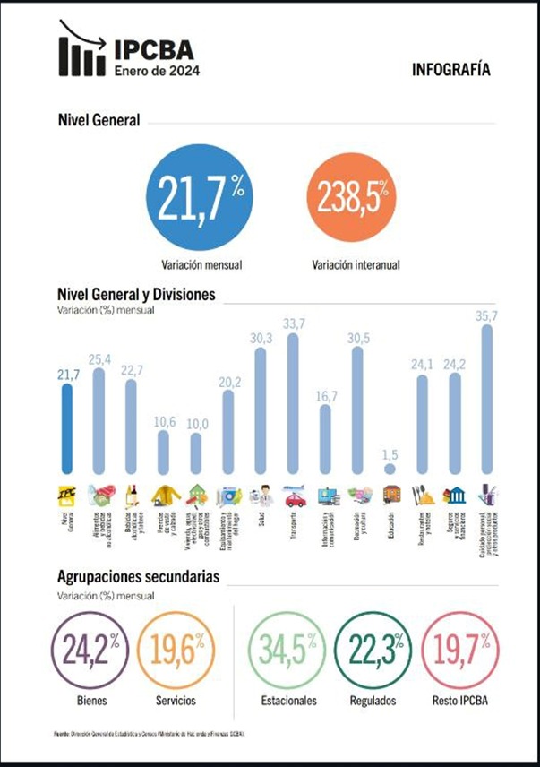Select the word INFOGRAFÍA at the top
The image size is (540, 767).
tap(451, 69)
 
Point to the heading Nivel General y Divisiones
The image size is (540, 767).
tap(135, 294)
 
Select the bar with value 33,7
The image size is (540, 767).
tap(293, 403)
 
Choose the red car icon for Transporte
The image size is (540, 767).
tap(294, 496)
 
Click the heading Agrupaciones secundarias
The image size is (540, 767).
tap(138, 576)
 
